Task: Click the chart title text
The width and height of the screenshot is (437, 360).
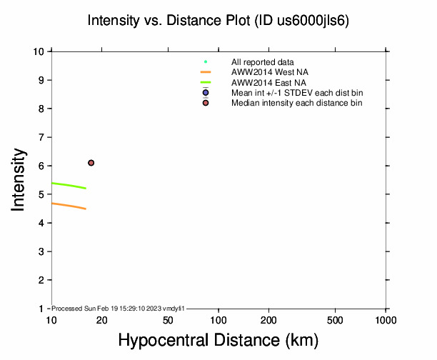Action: [x=218, y=20]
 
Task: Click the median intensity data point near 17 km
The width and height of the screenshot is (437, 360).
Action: [x=91, y=163]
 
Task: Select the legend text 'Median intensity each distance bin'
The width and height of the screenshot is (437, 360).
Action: [x=296, y=103]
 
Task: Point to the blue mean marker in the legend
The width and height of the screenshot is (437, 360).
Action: [x=206, y=93]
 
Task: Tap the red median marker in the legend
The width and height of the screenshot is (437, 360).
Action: [x=206, y=103]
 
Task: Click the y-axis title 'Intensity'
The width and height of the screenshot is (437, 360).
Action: [x=19, y=179]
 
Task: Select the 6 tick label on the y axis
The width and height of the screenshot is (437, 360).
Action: [x=43, y=166]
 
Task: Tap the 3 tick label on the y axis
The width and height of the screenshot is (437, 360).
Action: [x=43, y=251]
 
